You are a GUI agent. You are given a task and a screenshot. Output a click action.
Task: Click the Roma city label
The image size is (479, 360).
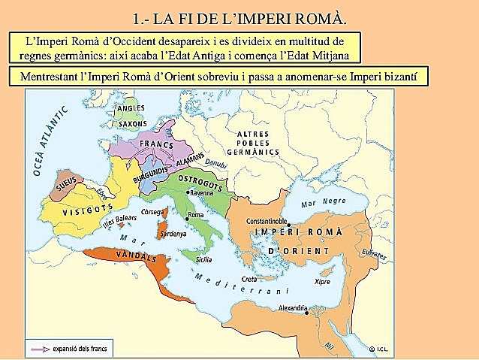196,216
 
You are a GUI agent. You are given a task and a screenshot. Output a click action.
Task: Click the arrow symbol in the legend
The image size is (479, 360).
38,348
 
